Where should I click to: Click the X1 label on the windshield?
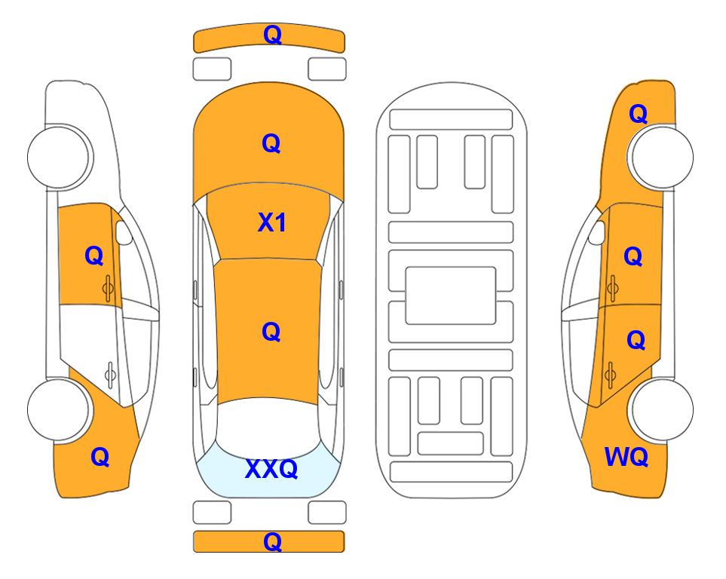click(x=272, y=222)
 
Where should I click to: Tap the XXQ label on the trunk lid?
click(x=271, y=468)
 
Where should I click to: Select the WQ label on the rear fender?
click(x=626, y=457)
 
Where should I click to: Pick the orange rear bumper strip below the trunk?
click(x=269, y=541)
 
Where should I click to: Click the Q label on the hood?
click(x=271, y=143)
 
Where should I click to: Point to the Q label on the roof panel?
click(x=271, y=332)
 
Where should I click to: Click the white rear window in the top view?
click(x=268, y=427)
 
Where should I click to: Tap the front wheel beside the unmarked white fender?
click(x=60, y=157)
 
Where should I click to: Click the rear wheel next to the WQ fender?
click(x=661, y=409)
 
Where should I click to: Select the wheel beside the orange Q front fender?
click(x=661, y=157)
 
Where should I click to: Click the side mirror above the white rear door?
click(x=124, y=232)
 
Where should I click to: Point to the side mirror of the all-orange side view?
click(x=597, y=232)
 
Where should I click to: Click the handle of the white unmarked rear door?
click(x=110, y=374)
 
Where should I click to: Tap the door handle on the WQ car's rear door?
click(x=610, y=374)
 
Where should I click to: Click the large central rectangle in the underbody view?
click(x=451, y=296)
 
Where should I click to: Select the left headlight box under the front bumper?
click(x=212, y=69)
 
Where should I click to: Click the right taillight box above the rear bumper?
click(x=327, y=513)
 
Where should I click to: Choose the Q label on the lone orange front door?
click(x=94, y=256)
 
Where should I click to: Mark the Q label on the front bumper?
click(x=272, y=35)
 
